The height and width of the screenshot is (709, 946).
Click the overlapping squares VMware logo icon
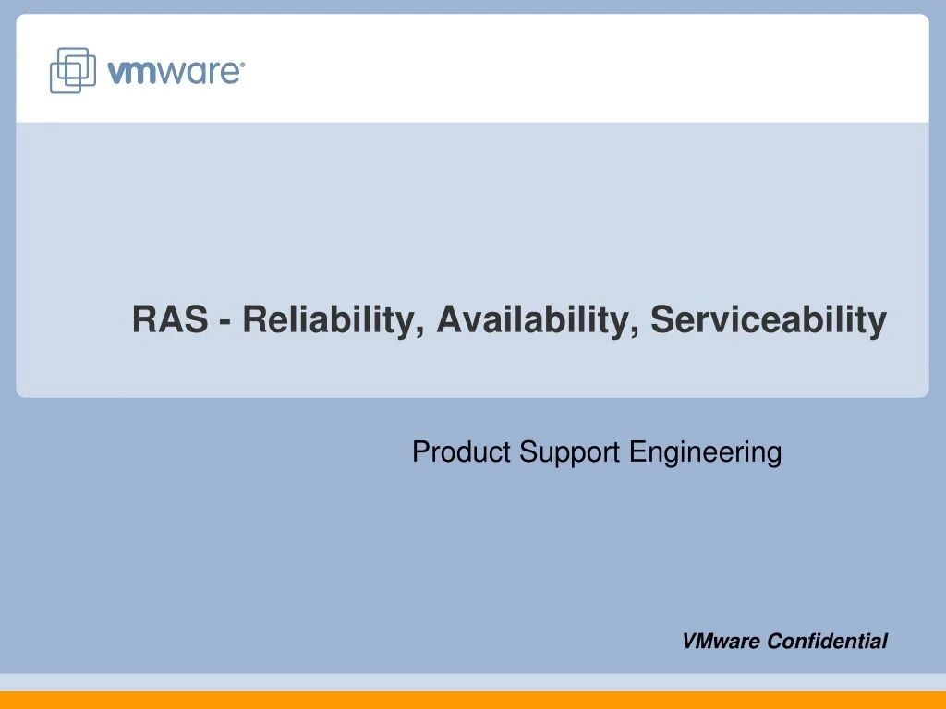[72, 69]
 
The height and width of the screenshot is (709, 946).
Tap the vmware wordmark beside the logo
[176, 72]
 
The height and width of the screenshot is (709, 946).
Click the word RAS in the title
[171, 320]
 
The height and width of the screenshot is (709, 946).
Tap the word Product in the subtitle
[461, 452]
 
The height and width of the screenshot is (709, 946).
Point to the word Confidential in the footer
[828, 642]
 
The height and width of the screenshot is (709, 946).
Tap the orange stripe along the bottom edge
[473, 700]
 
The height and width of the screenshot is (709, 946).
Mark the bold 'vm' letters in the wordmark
[131, 73]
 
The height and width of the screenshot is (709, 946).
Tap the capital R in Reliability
[254, 320]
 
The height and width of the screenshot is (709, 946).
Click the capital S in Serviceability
[661, 320]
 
